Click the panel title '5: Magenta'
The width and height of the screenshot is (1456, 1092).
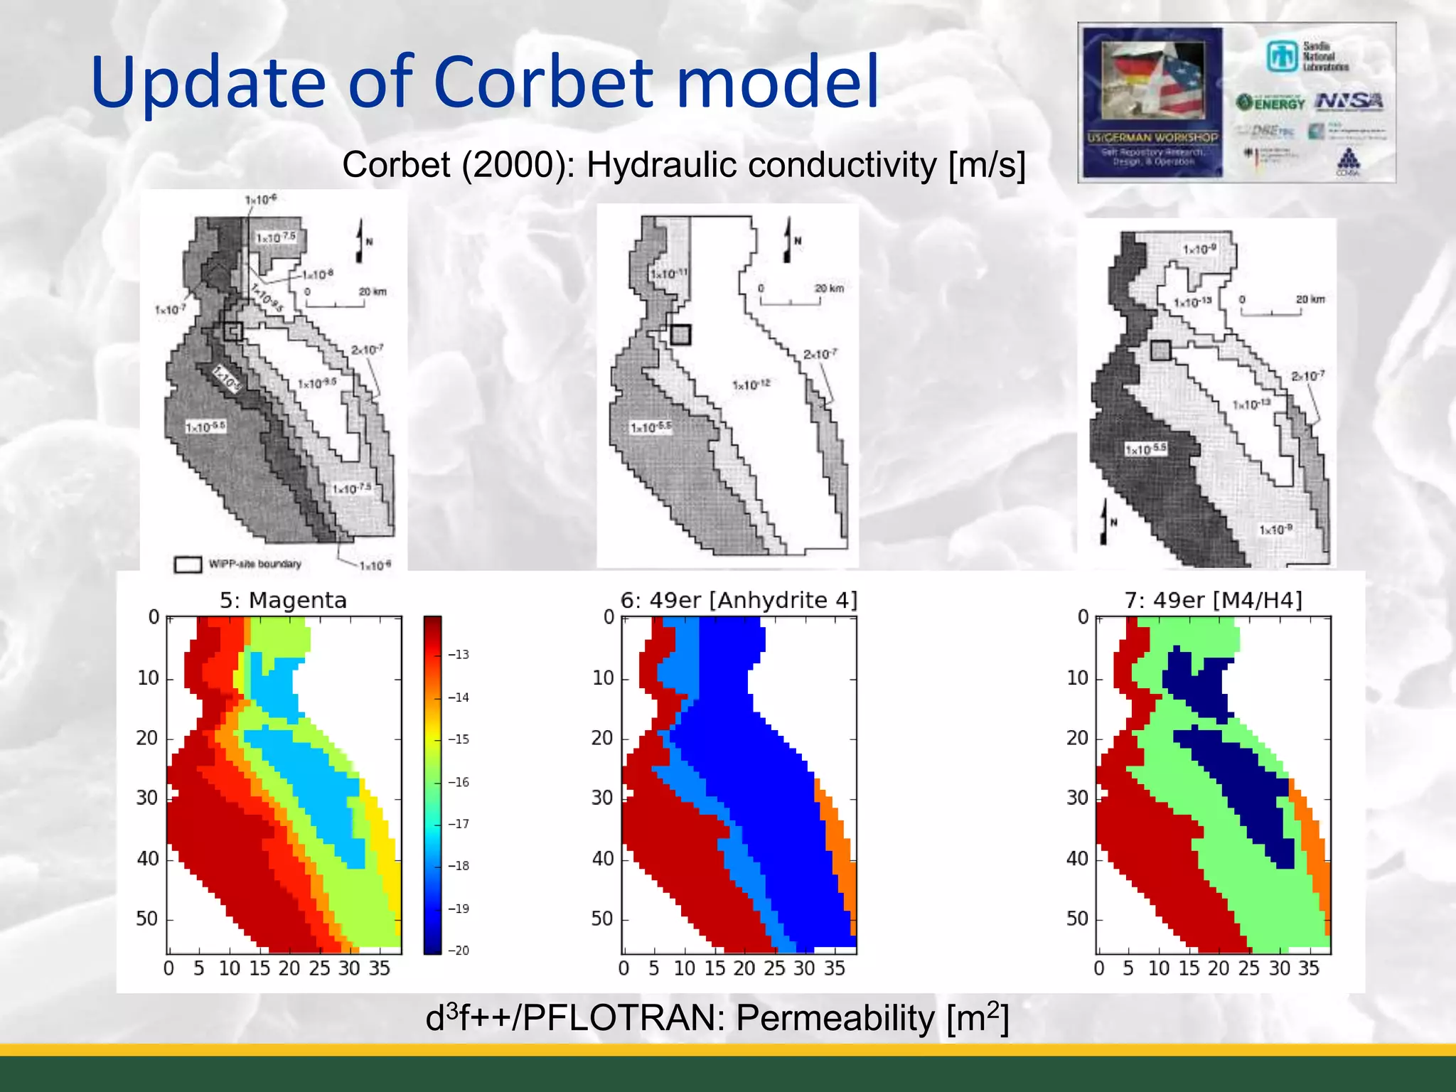click(283, 601)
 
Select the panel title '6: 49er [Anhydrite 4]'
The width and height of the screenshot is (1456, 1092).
click(739, 601)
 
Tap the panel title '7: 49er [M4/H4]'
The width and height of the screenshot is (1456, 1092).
click(1213, 601)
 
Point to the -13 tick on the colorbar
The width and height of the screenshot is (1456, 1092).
click(459, 655)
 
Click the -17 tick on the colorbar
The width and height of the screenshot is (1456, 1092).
click(459, 824)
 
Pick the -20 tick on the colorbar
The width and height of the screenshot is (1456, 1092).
click(459, 951)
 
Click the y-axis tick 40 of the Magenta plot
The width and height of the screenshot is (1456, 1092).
click(148, 859)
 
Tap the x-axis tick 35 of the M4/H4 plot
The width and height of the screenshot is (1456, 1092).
click(1309, 968)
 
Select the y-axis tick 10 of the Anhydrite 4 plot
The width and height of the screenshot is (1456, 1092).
click(603, 678)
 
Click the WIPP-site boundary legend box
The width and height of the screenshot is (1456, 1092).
click(188, 564)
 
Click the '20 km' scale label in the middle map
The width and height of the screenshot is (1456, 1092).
click(829, 289)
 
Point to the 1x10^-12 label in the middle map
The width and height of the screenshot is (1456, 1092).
click(751, 385)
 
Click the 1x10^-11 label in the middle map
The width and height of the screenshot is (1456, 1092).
click(668, 274)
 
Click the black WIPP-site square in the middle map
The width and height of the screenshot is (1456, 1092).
click(680, 335)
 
